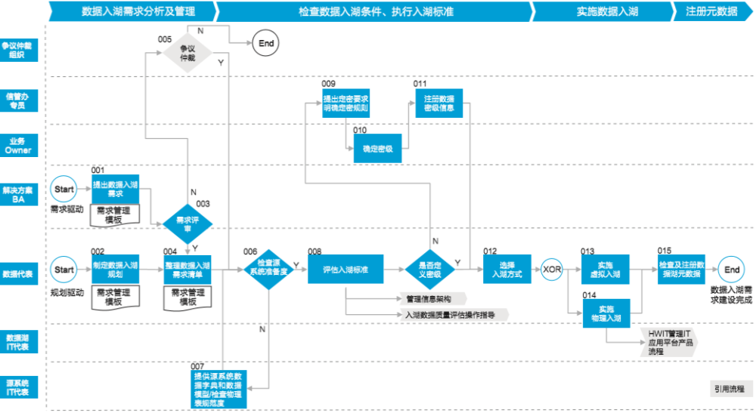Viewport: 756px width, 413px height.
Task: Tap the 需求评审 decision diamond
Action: (188, 223)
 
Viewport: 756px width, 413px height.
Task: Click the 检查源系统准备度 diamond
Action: (268, 270)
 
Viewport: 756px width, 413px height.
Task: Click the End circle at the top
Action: (267, 44)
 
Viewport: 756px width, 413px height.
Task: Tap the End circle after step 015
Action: (732, 270)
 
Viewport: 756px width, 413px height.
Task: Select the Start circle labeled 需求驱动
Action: (64, 190)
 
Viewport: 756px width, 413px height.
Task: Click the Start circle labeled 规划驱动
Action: (64, 269)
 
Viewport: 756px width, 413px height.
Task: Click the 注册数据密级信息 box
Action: (438, 103)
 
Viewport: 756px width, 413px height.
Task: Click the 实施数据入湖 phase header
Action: (597, 11)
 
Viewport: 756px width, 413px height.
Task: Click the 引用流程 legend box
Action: (727, 390)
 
